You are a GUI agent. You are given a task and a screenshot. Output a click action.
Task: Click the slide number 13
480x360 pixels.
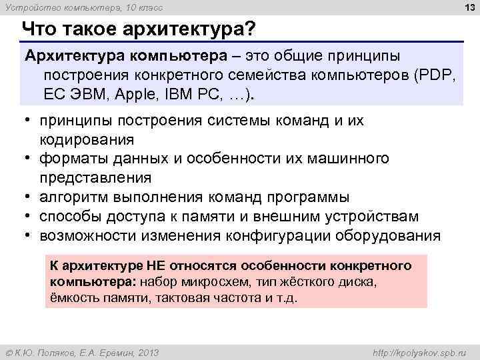click(x=468, y=8)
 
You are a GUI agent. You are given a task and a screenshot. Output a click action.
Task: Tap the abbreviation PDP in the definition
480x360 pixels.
click(x=436, y=75)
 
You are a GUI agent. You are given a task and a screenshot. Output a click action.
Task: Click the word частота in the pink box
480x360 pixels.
click(x=220, y=298)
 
